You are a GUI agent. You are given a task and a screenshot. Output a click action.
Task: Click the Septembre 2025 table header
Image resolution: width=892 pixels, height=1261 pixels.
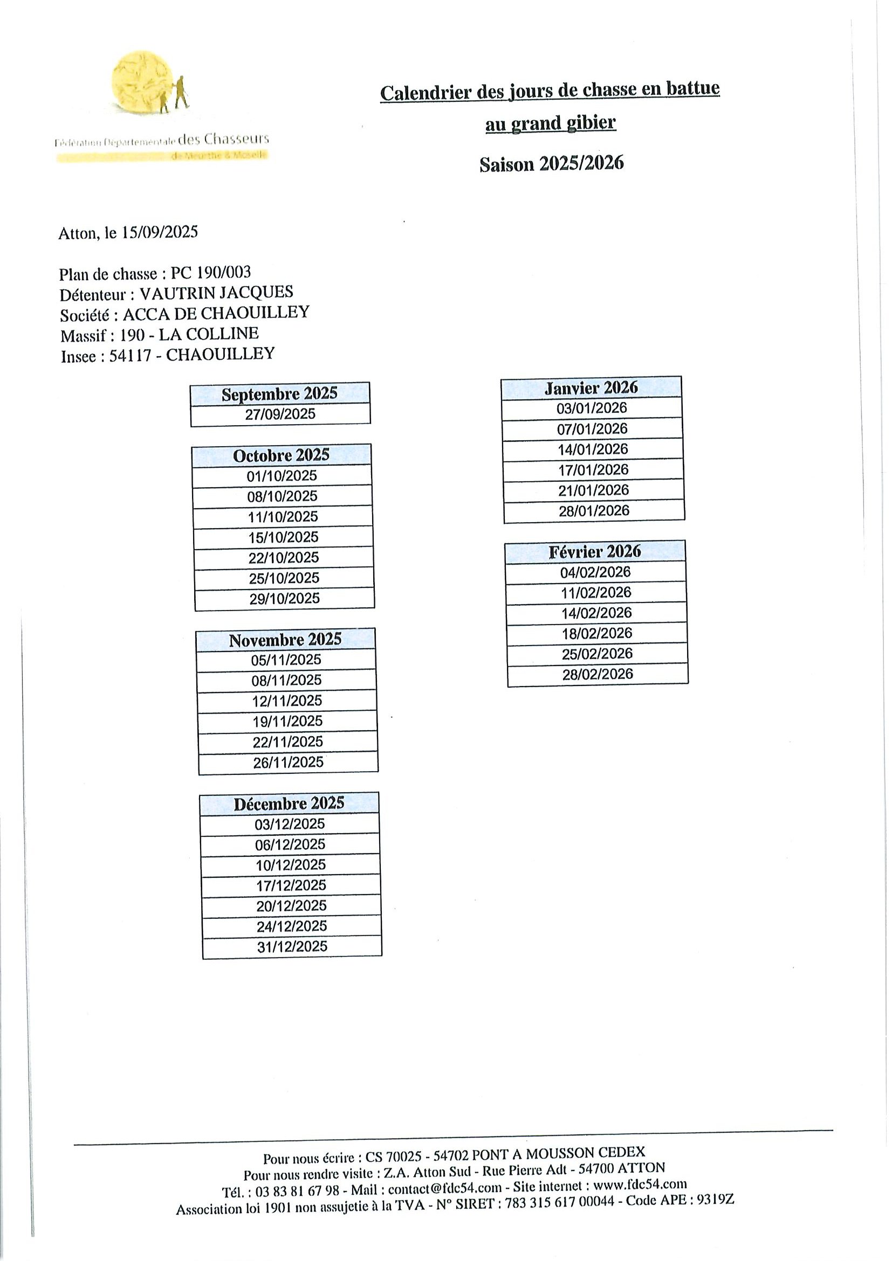pyautogui.click(x=279, y=394)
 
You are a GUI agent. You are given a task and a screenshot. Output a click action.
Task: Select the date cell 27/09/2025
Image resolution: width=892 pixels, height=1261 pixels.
pyautogui.click(x=280, y=413)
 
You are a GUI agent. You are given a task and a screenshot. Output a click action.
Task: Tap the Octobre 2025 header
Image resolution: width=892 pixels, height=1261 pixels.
pyautogui.click(x=281, y=455)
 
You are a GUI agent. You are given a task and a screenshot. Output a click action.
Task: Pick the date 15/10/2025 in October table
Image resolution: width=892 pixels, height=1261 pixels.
pyautogui.click(x=283, y=537)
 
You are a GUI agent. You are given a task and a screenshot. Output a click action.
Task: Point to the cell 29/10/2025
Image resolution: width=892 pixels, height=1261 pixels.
pyautogui.click(x=284, y=598)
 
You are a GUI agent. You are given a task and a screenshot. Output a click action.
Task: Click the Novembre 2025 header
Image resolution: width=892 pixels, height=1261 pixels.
pyautogui.click(x=285, y=640)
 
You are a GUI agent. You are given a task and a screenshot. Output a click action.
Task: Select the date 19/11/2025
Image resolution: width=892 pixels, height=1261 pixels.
pyautogui.click(x=287, y=721)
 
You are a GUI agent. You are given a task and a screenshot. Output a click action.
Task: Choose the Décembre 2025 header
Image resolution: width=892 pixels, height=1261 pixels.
pyautogui.click(x=289, y=804)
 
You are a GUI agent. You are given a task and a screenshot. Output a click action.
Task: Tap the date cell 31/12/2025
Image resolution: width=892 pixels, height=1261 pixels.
pyautogui.click(x=292, y=946)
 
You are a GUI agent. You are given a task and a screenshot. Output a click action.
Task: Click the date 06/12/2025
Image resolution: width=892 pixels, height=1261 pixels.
pyautogui.click(x=290, y=844)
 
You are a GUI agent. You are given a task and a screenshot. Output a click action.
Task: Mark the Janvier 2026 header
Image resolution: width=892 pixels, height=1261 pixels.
pyautogui.click(x=591, y=388)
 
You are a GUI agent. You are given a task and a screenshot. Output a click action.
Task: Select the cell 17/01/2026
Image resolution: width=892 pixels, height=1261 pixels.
pyautogui.click(x=593, y=469)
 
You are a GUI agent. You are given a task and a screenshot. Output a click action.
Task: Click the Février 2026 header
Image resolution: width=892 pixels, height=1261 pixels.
pyautogui.click(x=595, y=551)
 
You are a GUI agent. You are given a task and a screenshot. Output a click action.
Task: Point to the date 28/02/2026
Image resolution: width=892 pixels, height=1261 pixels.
pyautogui.click(x=598, y=674)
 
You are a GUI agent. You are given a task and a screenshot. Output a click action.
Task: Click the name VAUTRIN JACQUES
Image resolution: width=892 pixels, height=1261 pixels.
pyautogui.click(x=216, y=293)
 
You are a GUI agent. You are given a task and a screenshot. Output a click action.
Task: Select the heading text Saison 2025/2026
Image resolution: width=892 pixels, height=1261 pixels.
pyautogui.click(x=551, y=164)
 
